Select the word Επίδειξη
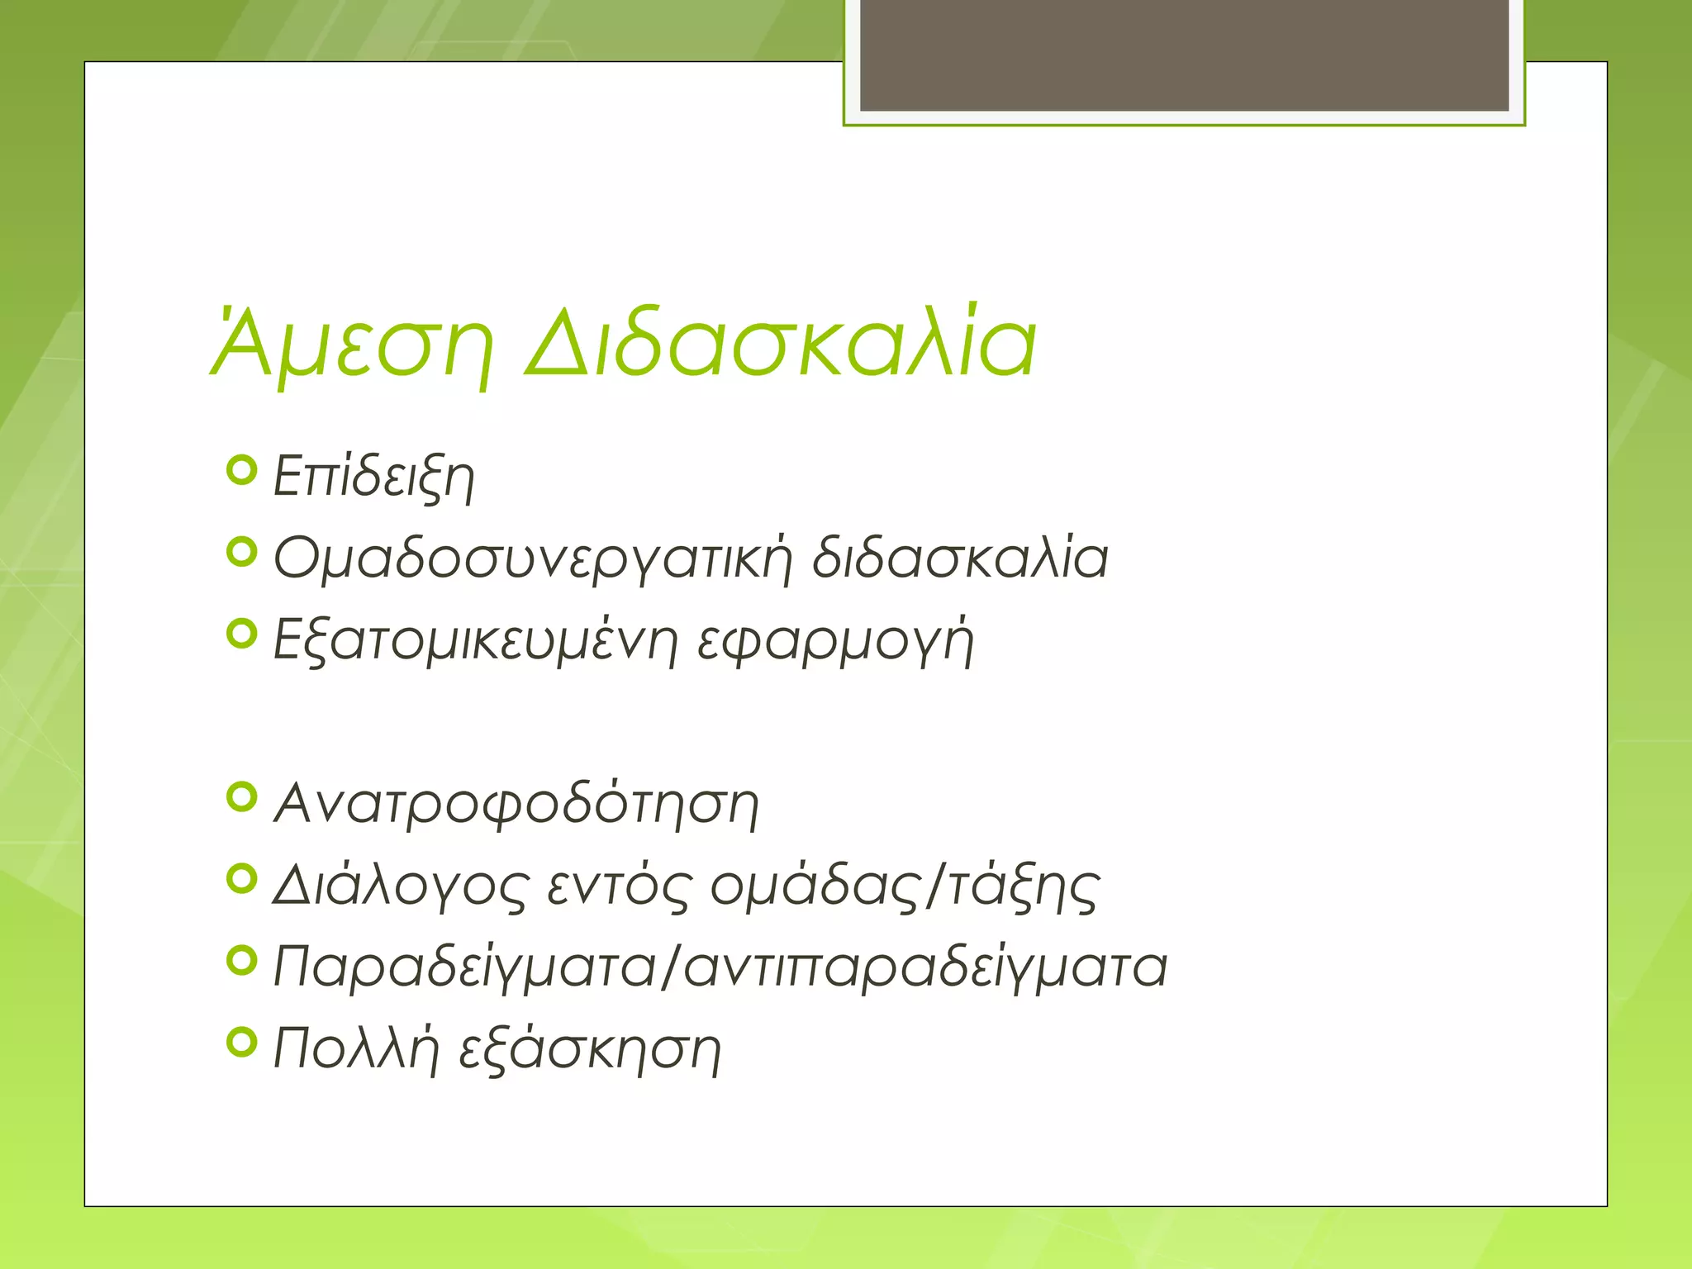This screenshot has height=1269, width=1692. click(373, 477)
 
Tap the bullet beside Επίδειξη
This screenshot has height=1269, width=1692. click(241, 470)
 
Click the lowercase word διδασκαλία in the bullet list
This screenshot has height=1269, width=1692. click(959, 558)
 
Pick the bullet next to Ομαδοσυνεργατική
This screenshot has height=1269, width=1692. click(241, 552)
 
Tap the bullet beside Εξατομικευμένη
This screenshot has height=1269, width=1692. click(241, 634)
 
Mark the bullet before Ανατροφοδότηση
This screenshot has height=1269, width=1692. click(241, 797)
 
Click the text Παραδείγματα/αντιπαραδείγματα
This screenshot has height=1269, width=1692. click(720, 967)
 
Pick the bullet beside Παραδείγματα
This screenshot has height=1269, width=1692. click(241, 960)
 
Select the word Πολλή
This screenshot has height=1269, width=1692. click(355, 1049)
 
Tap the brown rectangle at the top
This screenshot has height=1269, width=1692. click(1184, 55)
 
